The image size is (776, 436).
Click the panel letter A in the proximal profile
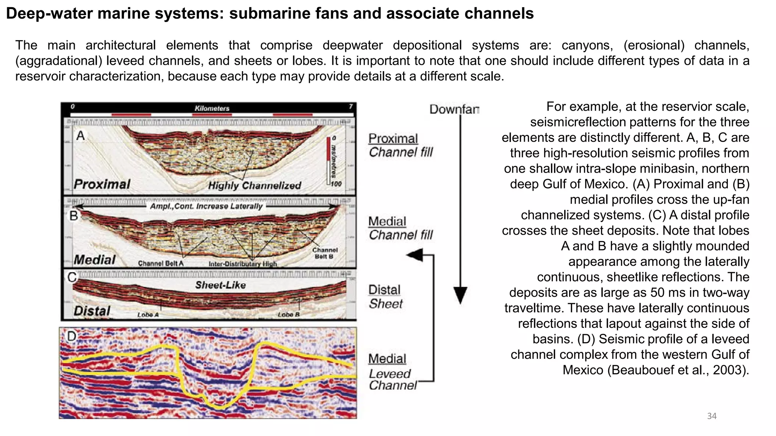click(80, 135)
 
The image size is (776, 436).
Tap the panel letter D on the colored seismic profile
click(72, 336)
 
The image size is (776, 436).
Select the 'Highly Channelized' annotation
click(254, 185)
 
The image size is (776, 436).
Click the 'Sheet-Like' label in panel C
click(220, 285)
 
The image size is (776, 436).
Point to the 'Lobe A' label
click(148, 315)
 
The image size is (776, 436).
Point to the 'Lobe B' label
click(289, 315)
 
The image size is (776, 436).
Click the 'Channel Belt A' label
click(161, 263)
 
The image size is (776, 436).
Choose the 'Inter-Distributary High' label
click(242, 264)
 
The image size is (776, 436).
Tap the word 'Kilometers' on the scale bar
click(212, 108)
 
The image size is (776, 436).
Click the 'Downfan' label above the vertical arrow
click(454, 109)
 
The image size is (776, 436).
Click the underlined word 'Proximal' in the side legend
click(393, 139)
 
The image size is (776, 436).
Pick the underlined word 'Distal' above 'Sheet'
click(384, 290)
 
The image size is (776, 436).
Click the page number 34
click(712, 416)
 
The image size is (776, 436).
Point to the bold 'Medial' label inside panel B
click(95, 260)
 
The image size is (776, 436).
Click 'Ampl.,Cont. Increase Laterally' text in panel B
click(206, 206)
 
